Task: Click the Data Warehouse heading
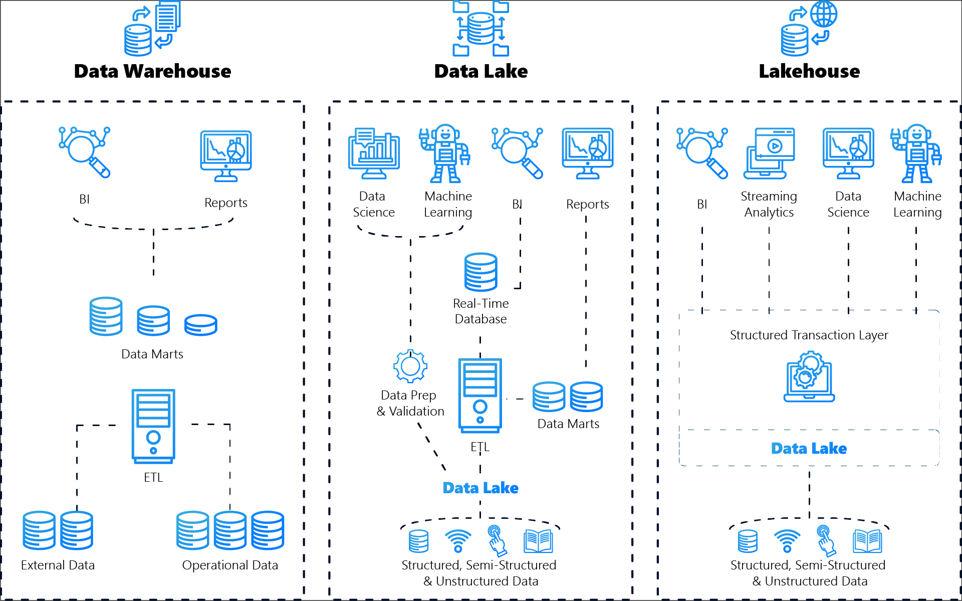(x=152, y=71)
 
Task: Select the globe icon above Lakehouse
(x=824, y=14)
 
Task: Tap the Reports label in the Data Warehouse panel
(x=225, y=203)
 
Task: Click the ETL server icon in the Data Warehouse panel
(x=153, y=426)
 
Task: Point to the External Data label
(x=58, y=565)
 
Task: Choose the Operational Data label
(x=230, y=565)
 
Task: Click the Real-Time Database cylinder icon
(x=480, y=272)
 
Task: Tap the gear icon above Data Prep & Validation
(x=410, y=366)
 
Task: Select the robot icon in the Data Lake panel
(x=445, y=153)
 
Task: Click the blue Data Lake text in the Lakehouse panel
(x=809, y=448)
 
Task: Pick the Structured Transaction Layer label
(x=809, y=335)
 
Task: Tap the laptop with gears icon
(x=809, y=377)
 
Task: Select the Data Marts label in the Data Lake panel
(x=568, y=424)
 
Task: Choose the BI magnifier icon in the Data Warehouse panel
(x=84, y=152)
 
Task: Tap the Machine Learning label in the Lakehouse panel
(x=917, y=204)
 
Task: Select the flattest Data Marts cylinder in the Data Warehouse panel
(x=200, y=325)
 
